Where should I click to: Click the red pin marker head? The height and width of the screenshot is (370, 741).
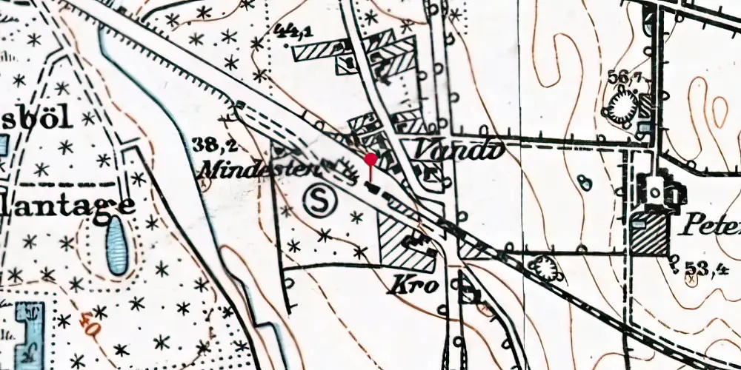click(x=370, y=157)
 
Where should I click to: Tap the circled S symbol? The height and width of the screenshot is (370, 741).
click(x=319, y=200)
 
